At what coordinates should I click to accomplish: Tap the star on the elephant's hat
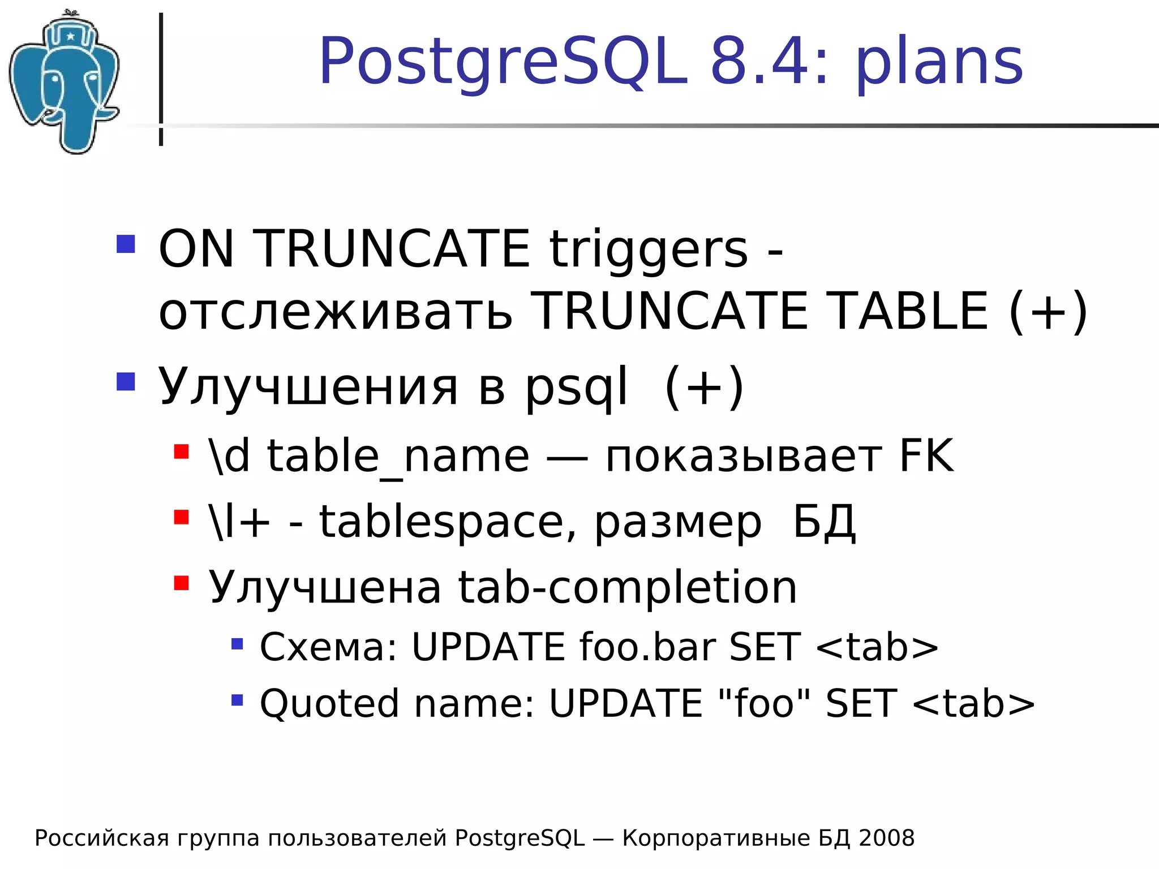tap(71, 37)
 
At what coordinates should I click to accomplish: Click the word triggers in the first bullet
tap(649, 249)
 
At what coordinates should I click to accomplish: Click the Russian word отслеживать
tap(336, 312)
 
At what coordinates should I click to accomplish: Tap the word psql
tap(576, 388)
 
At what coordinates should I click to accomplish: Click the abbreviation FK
tap(926, 455)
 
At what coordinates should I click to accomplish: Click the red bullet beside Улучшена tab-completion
tap(181, 583)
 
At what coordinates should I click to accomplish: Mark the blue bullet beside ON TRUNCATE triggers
tap(126, 244)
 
